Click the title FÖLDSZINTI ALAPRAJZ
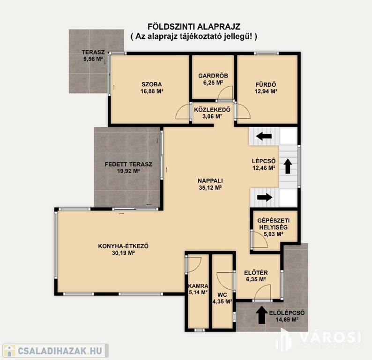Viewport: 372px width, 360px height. [x=194, y=26]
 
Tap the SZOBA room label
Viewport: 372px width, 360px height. [x=152, y=84]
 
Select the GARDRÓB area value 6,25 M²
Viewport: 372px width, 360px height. [x=213, y=82]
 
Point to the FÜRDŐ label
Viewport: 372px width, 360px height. [x=266, y=84]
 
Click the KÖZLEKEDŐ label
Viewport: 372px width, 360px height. [x=212, y=109]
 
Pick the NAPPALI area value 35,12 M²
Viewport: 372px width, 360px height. [x=210, y=187]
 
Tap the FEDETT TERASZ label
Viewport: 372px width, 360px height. [x=128, y=164]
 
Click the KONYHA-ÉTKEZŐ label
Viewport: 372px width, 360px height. [x=123, y=246]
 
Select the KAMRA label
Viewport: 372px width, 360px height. [x=198, y=286]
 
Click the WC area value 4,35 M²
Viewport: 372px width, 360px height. [x=222, y=301]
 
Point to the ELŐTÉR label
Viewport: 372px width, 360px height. [x=256, y=273]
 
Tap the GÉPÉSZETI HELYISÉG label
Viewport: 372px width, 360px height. [x=273, y=224]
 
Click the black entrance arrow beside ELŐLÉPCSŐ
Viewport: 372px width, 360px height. [x=261, y=315]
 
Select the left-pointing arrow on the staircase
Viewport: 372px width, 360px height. [x=264, y=136]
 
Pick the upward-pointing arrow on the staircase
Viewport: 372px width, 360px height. [x=288, y=166]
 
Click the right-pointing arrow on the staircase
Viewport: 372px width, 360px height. [x=265, y=197]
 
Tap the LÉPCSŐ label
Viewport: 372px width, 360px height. [x=264, y=161]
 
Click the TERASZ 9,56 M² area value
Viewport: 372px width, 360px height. [x=93, y=59]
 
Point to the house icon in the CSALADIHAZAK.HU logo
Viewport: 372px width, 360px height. [x=9, y=351]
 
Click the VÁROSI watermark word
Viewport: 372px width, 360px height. [x=330, y=337]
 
